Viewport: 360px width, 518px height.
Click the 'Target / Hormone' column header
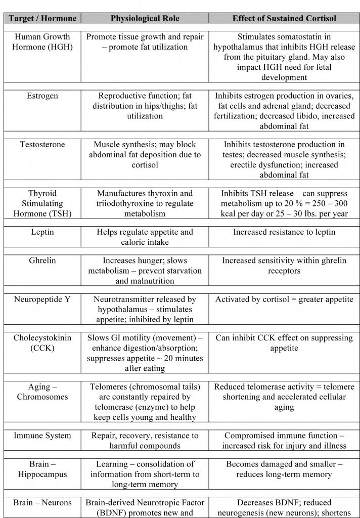[x=42, y=18]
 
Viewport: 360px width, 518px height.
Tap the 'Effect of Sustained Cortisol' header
[x=284, y=18]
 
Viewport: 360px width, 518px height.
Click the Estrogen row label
[x=42, y=96]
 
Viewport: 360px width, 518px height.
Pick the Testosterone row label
[x=42, y=145]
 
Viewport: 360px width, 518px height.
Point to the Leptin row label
[x=42, y=232]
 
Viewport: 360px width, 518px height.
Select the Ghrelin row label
[x=42, y=261]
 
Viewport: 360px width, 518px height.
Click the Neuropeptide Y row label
[x=42, y=299]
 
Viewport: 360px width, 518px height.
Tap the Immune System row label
[x=42, y=436]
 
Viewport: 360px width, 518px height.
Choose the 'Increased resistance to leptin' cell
[x=284, y=232]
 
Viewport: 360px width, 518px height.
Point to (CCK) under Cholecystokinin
[x=42, y=348]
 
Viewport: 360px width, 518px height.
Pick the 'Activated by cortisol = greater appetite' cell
[x=284, y=299]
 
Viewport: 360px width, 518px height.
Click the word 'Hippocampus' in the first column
[x=42, y=474]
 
